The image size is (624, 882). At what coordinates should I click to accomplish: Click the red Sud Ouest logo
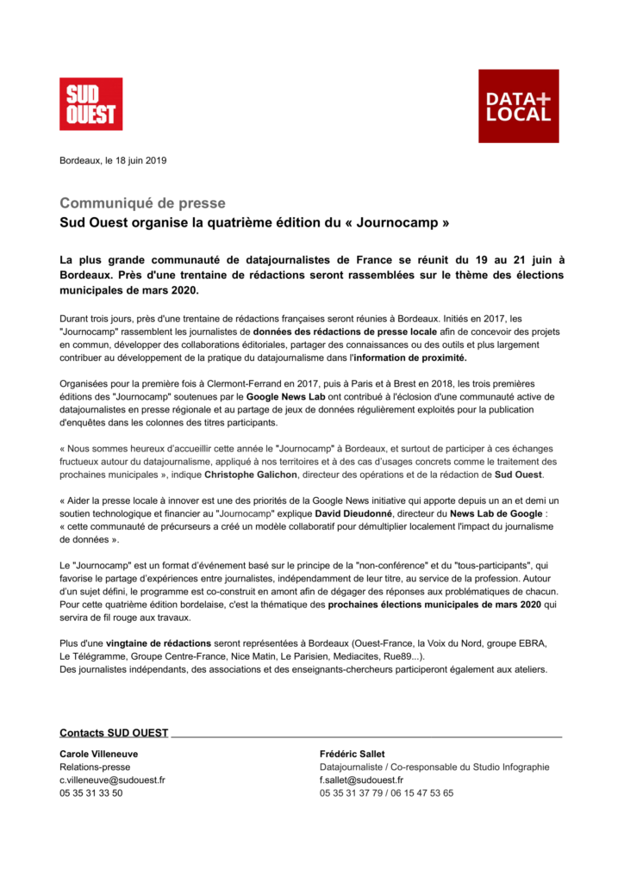[x=90, y=104]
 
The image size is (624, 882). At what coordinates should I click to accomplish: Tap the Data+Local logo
[x=518, y=106]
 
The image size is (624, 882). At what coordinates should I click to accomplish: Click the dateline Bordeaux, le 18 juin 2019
[x=113, y=160]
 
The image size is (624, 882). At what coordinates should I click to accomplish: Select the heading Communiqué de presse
[x=142, y=203]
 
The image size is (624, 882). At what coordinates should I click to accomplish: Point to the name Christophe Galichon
[x=252, y=475]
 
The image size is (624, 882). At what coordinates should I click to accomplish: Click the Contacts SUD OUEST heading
[x=114, y=733]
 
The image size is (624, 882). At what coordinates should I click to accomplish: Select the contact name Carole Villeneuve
[x=98, y=755]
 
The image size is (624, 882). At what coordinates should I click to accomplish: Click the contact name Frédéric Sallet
[x=353, y=755]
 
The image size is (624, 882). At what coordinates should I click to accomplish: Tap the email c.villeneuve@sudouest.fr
[x=112, y=780]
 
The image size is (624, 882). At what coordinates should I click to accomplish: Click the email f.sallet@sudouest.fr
[x=361, y=780]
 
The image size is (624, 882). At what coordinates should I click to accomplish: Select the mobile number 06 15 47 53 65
[x=421, y=793]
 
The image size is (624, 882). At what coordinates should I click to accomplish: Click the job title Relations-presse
[x=95, y=767]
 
